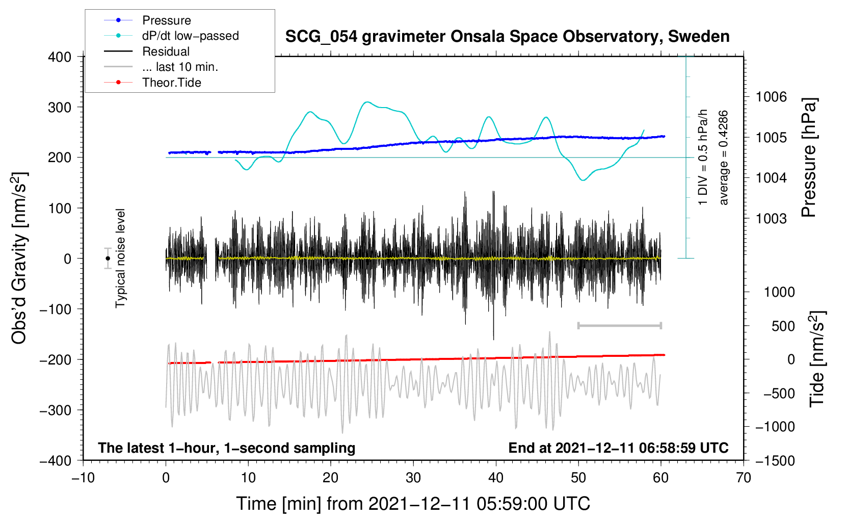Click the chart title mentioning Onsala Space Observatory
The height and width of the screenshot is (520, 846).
coord(507,37)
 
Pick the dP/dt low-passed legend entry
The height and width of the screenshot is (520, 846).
coord(190,36)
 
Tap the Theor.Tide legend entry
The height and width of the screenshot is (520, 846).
coord(171,83)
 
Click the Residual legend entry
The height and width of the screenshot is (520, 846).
coord(166,51)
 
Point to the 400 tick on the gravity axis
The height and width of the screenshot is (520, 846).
coord(60,57)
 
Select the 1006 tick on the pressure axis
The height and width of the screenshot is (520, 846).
coord(771,97)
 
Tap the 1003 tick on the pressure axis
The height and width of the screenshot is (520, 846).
coord(771,219)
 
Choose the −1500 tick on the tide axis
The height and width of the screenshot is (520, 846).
coord(775,461)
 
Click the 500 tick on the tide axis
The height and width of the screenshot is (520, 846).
coord(783,326)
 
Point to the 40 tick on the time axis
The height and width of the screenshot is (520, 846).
coord(496,478)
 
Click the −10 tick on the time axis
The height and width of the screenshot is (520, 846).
coord(83,478)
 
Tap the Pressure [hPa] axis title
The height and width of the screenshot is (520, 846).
coord(809,158)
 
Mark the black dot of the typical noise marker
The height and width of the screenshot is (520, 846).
coord(108,258)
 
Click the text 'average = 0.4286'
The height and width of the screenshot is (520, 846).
coord(724,158)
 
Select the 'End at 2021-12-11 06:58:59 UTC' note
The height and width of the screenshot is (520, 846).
coord(618,448)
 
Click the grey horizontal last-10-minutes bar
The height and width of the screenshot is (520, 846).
coord(619,325)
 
